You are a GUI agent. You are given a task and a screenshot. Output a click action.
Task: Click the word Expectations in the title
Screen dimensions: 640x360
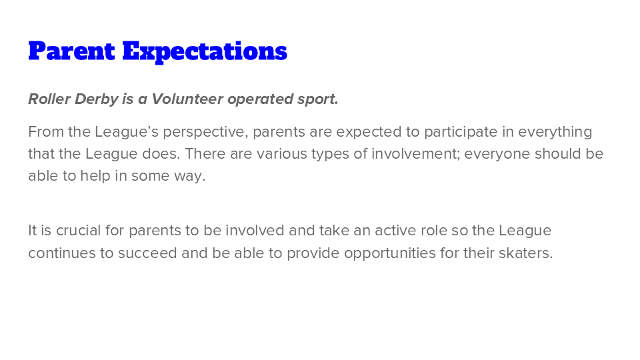205,52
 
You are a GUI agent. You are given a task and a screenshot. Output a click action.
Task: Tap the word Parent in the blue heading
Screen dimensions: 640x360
72,51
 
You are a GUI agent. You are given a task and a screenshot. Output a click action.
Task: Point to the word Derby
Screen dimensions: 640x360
96,99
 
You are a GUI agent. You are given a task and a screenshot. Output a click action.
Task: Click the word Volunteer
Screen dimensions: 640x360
187,99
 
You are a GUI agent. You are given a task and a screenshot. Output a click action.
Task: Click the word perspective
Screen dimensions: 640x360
205,132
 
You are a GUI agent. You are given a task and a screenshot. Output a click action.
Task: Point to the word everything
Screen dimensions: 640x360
555,132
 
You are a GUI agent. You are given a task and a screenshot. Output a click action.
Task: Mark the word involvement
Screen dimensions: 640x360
416,154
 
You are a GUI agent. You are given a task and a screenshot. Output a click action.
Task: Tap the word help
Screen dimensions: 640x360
95,176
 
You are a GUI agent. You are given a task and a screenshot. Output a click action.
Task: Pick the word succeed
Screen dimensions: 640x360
147,253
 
